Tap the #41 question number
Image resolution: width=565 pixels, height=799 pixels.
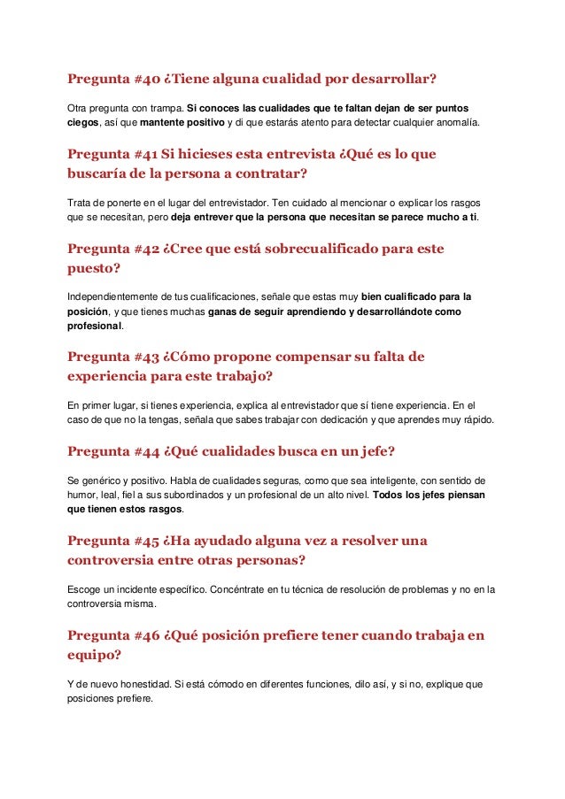146,155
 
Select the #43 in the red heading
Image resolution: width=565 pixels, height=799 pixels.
147,357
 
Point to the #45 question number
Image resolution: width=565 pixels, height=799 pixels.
147,541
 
